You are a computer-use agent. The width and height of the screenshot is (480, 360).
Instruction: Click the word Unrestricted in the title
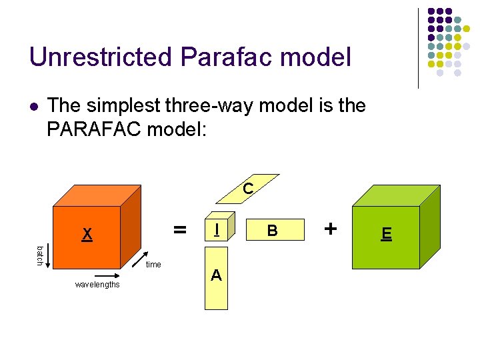pos(97,57)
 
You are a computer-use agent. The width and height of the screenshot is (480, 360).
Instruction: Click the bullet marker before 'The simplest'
pos(35,106)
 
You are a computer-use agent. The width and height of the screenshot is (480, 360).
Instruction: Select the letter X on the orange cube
pos(87,234)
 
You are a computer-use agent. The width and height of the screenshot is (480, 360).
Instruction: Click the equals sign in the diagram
pos(179,230)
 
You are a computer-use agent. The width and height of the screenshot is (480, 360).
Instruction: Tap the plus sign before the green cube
pos(329,228)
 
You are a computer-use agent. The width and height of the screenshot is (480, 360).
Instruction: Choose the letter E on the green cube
pos(386,234)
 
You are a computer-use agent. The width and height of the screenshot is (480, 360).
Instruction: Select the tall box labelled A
pos(216,279)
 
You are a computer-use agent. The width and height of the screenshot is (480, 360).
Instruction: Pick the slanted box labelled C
pos(245,191)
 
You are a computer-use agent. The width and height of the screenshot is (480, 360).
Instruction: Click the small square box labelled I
pos(216,230)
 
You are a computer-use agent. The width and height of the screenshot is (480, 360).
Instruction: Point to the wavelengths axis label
pos(97,285)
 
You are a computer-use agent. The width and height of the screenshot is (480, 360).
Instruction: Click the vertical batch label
pos(40,255)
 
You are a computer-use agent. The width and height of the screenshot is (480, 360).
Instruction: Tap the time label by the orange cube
pos(153,265)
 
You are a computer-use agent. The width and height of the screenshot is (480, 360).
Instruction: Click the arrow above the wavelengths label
pos(97,275)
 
